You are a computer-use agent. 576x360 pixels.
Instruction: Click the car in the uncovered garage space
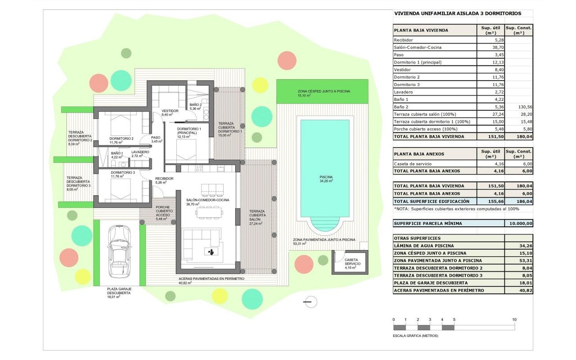click(x=120, y=252)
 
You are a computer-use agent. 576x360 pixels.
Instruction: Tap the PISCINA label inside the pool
click(x=326, y=177)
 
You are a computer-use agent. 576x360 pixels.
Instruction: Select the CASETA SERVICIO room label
click(x=352, y=262)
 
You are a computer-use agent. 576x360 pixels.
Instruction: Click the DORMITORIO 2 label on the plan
click(x=121, y=139)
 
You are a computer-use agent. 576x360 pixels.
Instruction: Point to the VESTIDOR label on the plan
click(x=170, y=111)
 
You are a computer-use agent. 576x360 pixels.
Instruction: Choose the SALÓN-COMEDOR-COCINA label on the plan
click(x=207, y=200)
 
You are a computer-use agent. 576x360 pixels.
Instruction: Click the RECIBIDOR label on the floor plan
click(x=164, y=179)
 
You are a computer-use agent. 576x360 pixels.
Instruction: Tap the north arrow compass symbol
click(x=310, y=302)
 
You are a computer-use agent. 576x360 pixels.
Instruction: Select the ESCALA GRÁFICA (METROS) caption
click(x=415, y=336)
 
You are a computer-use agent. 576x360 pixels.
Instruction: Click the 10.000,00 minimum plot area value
click(x=521, y=224)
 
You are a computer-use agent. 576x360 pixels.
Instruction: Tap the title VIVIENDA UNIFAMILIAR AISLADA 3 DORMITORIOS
click(x=458, y=13)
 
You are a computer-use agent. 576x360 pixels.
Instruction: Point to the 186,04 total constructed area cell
click(x=525, y=201)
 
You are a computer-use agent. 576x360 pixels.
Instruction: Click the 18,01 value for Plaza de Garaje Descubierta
click(x=526, y=283)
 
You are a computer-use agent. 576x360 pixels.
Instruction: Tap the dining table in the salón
click(x=209, y=212)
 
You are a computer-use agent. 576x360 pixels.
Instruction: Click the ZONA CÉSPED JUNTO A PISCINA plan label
click(x=324, y=91)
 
